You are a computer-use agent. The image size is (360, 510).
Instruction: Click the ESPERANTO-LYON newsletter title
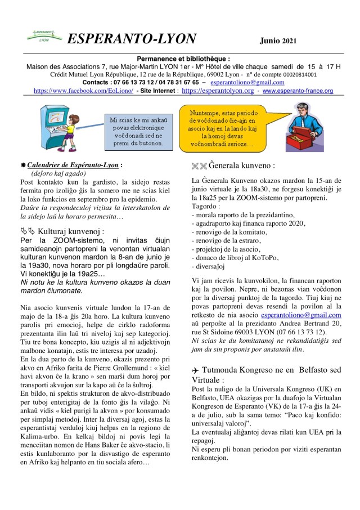click(132, 39)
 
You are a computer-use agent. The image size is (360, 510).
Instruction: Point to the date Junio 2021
click(278, 41)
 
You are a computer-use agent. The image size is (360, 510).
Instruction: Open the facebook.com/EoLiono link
click(83, 91)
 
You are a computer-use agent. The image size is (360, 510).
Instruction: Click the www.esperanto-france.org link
click(298, 91)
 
